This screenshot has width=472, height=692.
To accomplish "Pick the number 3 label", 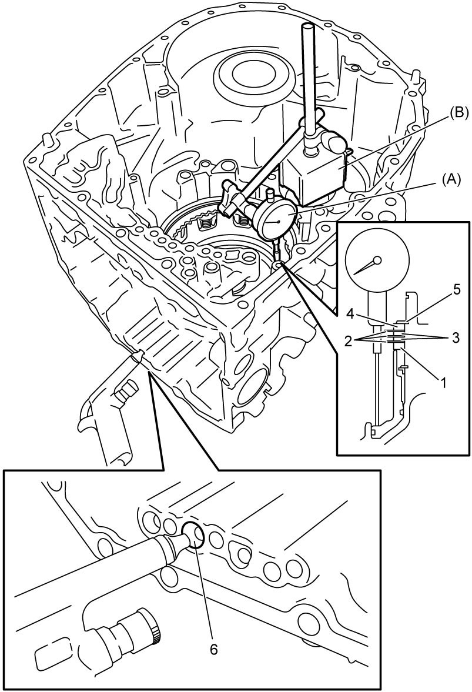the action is tap(455, 338).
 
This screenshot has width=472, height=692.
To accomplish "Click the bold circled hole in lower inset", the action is tap(193, 534).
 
